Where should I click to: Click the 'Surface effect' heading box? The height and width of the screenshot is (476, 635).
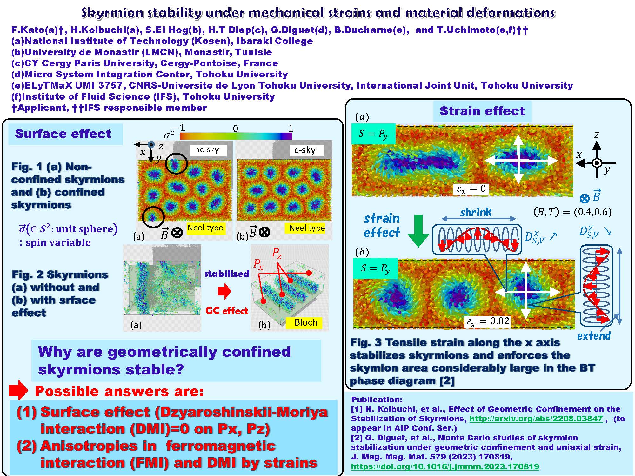click(x=65, y=134)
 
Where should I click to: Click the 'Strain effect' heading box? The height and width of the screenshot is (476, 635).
click(x=482, y=111)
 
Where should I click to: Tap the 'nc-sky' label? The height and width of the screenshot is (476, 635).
click(x=207, y=150)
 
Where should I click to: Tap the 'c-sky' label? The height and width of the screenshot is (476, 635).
click(x=305, y=150)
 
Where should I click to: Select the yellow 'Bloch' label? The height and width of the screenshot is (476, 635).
click(x=304, y=323)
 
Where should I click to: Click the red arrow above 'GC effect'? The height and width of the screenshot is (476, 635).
click(x=225, y=291)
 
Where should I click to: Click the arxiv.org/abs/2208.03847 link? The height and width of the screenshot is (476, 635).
click(x=536, y=419)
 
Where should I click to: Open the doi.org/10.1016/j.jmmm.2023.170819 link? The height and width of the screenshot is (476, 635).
click(x=445, y=466)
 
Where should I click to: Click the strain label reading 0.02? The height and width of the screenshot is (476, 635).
click(x=488, y=321)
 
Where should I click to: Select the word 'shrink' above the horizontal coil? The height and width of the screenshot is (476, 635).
click(x=476, y=212)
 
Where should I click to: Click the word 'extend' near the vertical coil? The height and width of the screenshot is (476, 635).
click(x=594, y=336)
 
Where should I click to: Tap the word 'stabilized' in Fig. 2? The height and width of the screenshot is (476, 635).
click(x=227, y=274)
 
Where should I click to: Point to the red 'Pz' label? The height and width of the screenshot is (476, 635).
click(x=277, y=254)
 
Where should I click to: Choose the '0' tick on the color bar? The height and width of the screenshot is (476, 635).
click(x=235, y=129)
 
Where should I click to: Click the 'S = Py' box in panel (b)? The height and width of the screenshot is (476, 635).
click(x=376, y=268)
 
